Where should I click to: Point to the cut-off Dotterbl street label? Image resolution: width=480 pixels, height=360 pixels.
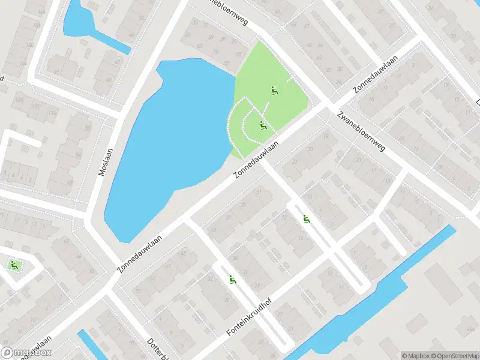click(157, 349)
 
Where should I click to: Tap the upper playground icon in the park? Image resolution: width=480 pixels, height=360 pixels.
click(274, 91)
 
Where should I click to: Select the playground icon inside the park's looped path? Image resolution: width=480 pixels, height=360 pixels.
click(262, 125)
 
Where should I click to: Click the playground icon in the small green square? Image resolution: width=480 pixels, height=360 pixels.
click(13, 265)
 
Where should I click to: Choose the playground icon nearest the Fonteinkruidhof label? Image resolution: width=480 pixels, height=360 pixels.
click(232, 279)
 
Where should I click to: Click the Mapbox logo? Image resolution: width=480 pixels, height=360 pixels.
click(26, 353)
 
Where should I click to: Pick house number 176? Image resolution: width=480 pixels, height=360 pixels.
click(52, 113)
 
